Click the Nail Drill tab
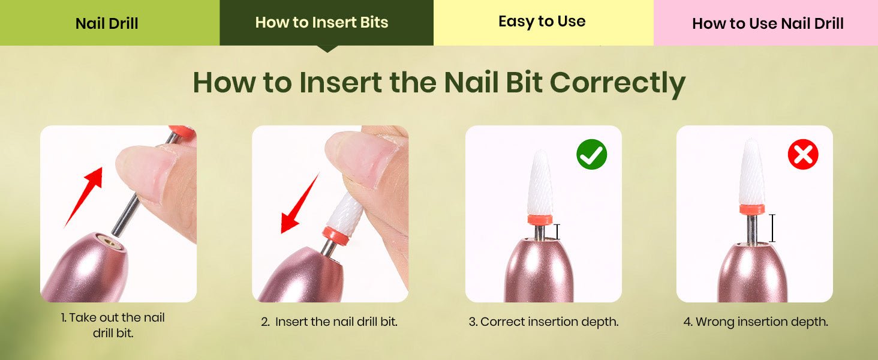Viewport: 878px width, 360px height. pyautogui.click(x=110, y=23)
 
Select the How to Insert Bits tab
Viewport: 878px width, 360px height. pyautogui.click(x=326, y=23)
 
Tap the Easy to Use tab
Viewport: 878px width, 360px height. pyautogui.click(x=543, y=23)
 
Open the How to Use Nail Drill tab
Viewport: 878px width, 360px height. pyautogui.click(x=766, y=23)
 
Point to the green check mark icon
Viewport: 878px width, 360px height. pyautogui.click(x=591, y=154)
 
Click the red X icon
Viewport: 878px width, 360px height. pyautogui.click(x=803, y=154)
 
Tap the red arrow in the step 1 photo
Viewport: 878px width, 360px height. pyautogui.click(x=84, y=197)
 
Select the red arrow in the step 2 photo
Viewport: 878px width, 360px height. pyautogui.click(x=300, y=203)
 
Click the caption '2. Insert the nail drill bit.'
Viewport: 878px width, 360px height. pyautogui.click(x=329, y=322)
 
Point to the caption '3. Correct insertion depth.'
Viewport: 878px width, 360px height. pyautogui.click(x=544, y=322)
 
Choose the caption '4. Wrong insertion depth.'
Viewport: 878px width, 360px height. pyautogui.click(x=756, y=322)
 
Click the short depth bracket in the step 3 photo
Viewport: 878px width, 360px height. pyautogui.click(x=557, y=232)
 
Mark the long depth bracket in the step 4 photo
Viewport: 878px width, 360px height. pyautogui.click(x=772, y=228)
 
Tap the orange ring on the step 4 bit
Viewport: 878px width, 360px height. pyautogui.click(x=752, y=209)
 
